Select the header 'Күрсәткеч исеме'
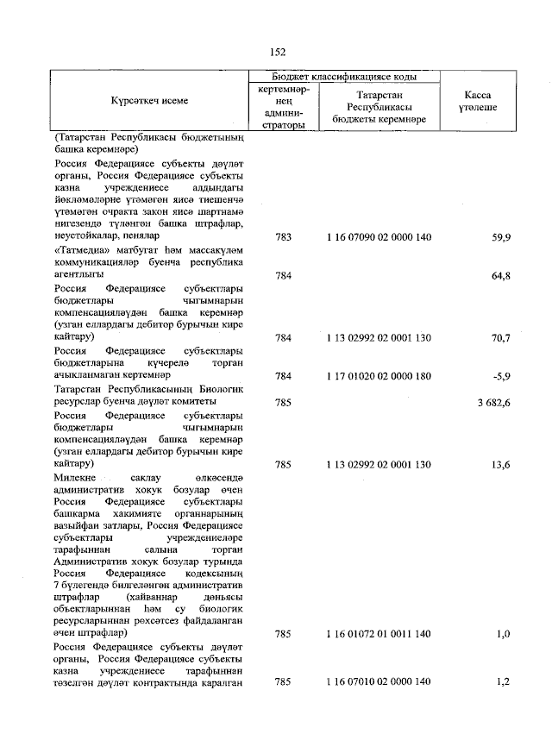(x=149, y=101)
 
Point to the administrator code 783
(x=283, y=236)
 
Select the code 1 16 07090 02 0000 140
(x=379, y=236)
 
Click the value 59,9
(x=499, y=236)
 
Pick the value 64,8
(x=499, y=276)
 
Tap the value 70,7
(x=499, y=339)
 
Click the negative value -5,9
(x=500, y=376)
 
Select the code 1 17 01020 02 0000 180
(x=379, y=376)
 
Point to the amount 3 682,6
(x=491, y=402)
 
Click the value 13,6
(x=499, y=465)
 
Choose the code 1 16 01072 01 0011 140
(x=379, y=635)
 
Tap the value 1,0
(x=502, y=635)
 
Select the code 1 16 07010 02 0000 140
(x=379, y=682)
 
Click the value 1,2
(x=502, y=682)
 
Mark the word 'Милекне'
(x=74, y=477)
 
